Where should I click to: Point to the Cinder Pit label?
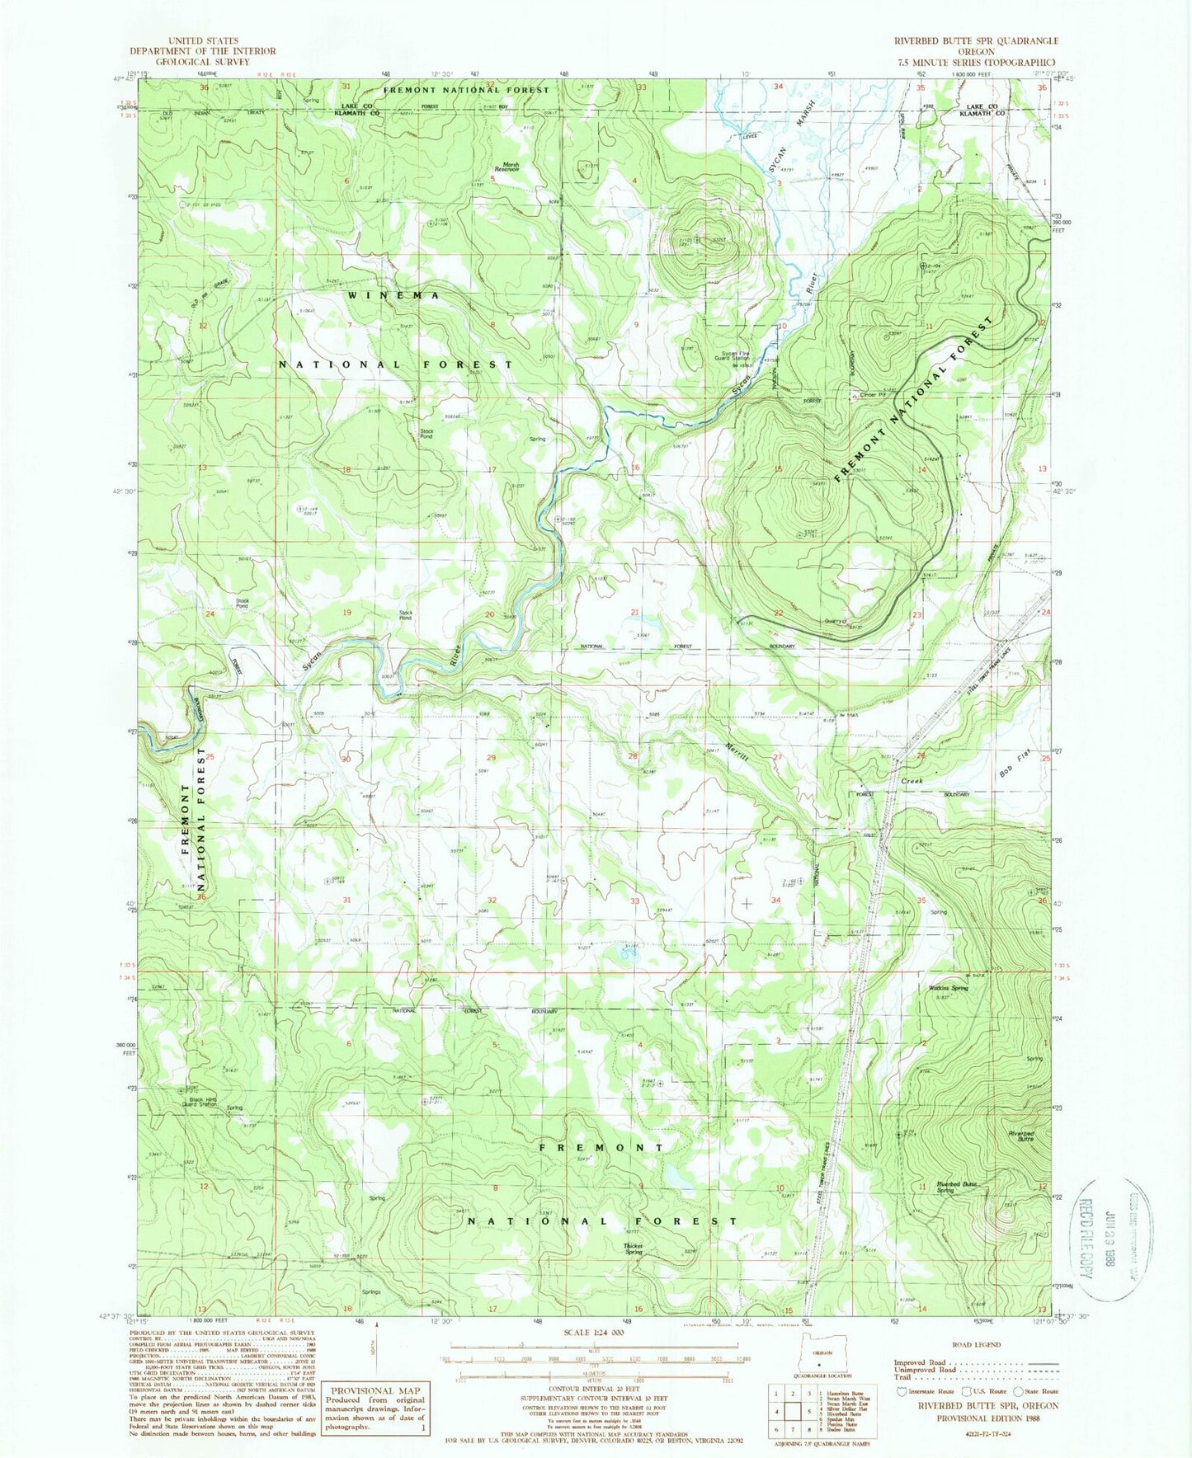tap(873, 395)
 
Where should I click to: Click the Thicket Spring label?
tap(633, 1249)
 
